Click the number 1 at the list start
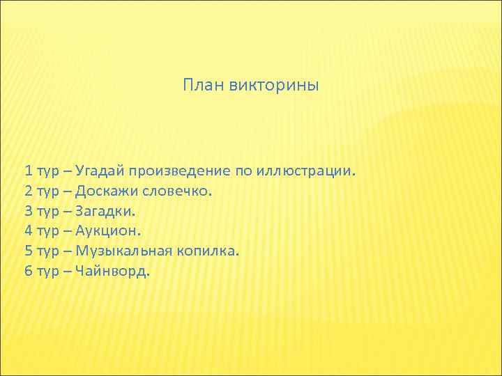[x=28, y=171]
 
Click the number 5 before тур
[x=28, y=251]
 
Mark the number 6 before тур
[x=28, y=272]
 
